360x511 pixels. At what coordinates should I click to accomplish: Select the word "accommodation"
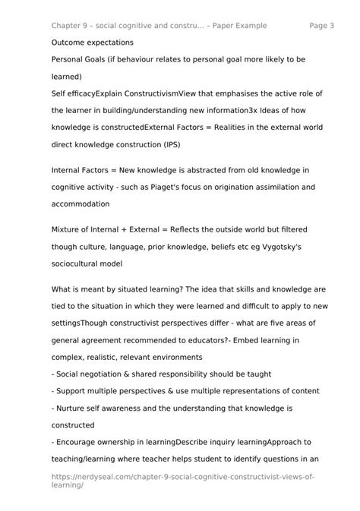(80, 203)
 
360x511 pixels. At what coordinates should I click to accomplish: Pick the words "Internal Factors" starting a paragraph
(81, 170)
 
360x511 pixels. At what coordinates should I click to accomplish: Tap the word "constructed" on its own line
(77, 424)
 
